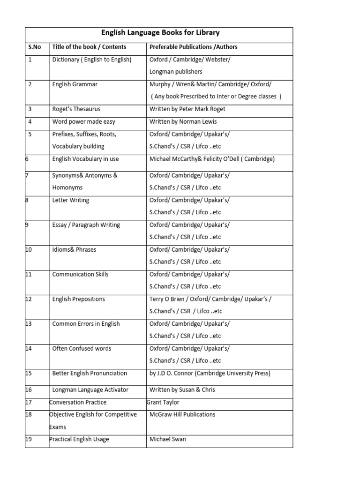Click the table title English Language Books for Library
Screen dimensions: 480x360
160,33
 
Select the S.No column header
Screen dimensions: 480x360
35,47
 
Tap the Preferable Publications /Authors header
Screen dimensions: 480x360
193,47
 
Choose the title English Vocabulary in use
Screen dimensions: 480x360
85,159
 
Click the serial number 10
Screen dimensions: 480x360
29,249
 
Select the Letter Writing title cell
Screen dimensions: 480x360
71,200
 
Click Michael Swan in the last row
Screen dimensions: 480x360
167,439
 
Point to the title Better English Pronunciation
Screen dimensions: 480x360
90,373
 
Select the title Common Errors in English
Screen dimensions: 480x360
86,323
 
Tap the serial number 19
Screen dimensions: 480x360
29,439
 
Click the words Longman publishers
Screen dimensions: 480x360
176,72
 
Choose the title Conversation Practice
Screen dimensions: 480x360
78,402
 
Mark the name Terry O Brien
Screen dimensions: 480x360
167,299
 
